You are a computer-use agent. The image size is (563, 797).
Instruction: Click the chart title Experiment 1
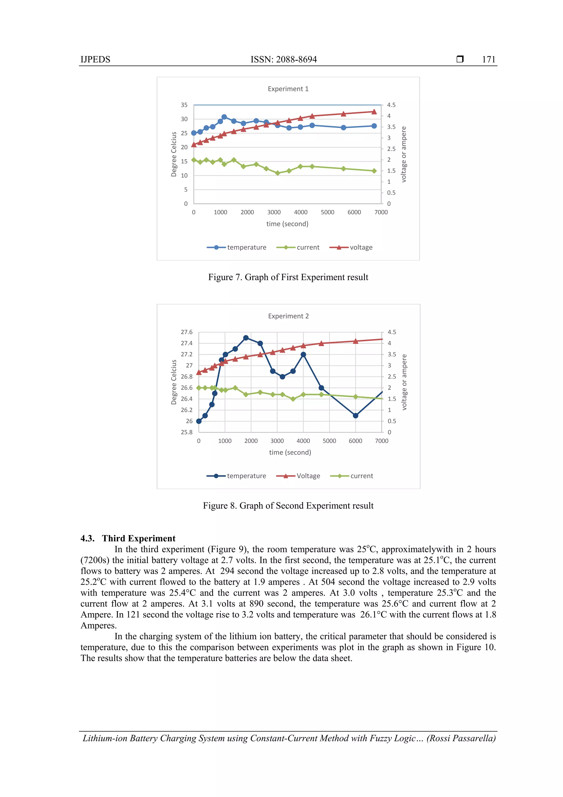[288, 89]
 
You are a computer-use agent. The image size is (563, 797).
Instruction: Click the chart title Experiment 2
[288, 316]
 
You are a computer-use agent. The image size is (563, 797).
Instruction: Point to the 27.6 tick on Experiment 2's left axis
[186, 332]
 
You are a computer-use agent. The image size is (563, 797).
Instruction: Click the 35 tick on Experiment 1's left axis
[184, 105]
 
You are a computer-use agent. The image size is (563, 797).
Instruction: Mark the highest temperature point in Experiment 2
[246, 338]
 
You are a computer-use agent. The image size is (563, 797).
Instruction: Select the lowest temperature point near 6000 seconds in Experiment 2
[355, 415]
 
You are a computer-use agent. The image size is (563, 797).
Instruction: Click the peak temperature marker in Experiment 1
[224, 117]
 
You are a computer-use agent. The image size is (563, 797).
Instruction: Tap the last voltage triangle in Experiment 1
[374, 112]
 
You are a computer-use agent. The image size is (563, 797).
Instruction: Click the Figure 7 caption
[288, 277]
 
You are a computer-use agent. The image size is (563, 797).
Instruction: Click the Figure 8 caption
[288, 506]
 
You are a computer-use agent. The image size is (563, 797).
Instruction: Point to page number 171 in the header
[489, 59]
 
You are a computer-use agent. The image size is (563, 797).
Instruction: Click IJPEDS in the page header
[95, 59]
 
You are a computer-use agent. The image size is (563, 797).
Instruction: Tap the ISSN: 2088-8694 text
[283, 59]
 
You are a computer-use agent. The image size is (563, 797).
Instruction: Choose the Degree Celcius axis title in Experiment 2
[174, 382]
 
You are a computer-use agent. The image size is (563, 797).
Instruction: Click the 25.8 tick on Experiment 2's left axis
[186, 432]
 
